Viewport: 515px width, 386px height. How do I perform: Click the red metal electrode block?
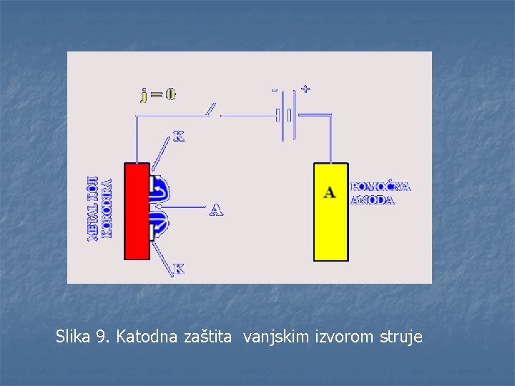point(136,211)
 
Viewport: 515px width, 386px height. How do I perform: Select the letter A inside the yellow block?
point(330,192)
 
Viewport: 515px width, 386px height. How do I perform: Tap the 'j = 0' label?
point(158,94)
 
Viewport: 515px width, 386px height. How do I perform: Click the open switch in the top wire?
point(212,111)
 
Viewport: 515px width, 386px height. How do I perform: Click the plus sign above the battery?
point(305,89)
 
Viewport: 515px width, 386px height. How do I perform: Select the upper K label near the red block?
point(178,137)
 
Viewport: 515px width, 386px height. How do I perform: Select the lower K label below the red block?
point(179,269)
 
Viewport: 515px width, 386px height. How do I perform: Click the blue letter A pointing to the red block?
point(216,209)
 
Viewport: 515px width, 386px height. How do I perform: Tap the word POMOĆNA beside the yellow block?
point(381,187)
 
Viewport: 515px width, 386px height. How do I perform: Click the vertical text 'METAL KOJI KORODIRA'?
point(99,208)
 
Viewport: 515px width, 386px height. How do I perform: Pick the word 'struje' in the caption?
point(400,336)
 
